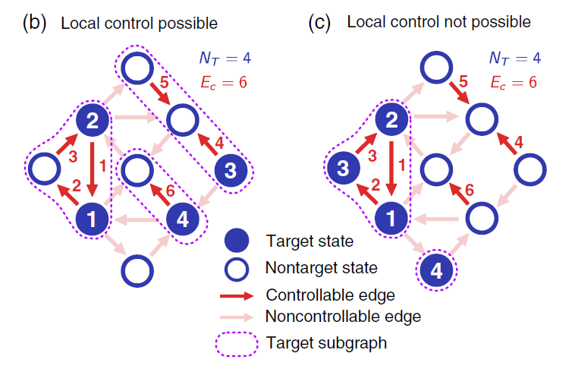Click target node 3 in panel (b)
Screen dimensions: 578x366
tap(231, 170)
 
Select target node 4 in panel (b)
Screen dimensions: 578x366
tap(183, 219)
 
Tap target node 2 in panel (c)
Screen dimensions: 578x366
tap(391, 120)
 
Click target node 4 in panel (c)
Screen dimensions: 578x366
tap(436, 270)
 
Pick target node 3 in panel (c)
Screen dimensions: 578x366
tap(344, 169)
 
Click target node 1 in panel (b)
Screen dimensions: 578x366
tap(92, 219)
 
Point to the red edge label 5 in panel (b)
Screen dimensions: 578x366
tap(164, 83)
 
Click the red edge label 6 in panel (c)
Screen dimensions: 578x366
tap(470, 190)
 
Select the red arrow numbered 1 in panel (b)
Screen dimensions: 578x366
tap(92, 169)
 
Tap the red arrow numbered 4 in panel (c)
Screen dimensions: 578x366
tap(507, 144)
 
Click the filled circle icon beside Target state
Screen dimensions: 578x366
tap(237, 240)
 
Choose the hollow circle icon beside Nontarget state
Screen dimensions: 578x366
tap(237, 269)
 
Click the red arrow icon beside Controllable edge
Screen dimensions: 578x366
tap(237, 296)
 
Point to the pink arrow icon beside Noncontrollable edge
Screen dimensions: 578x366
tap(237, 317)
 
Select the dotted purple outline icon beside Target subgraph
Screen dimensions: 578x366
tap(237, 344)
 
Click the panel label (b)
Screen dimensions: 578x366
tap(34, 23)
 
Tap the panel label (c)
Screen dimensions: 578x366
tap(319, 23)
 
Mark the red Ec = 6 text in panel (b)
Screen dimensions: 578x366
tap(224, 83)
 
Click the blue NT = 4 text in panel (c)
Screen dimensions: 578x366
tap(514, 58)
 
